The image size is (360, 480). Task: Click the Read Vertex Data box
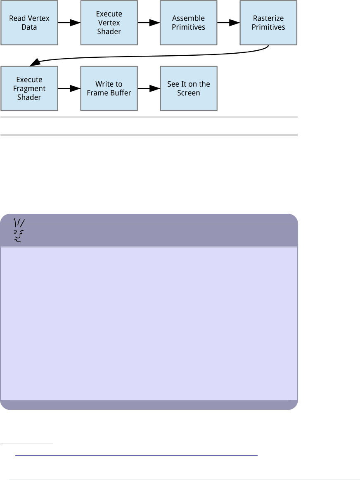pyautogui.click(x=29, y=23)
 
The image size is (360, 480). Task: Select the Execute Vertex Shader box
pyautogui.click(x=109, y=23)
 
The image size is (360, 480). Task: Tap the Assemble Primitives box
pyautogui.click(x=189, y=23)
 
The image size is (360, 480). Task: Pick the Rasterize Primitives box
pyautogui.click(x=268, y=23)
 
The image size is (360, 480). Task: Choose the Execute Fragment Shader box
pyautogui.click(x=29, y=88)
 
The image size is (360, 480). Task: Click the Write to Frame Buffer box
pyautogui.click(x=109, y=88)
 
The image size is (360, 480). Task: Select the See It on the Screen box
pyautogui.click(x=189, y=88)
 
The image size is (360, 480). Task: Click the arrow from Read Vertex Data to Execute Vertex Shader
pyautogui.click(x=69, y=23)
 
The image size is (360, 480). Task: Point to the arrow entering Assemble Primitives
pyautogui.click(x=149, y=23)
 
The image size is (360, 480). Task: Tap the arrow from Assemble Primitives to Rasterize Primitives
pyautogui.click(x=228, y=23)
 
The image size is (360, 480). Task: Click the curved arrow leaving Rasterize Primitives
pyautogui.click(x=149, y=56)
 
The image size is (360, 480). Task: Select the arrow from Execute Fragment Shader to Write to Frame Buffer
pyautogui.click(x=69, y=88)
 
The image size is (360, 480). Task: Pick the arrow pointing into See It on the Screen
pyautogui.click(x=149, y=88)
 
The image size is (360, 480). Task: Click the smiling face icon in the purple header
pyautogui.click(x=18, y=230)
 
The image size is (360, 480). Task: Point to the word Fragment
pyautogui.click(x=29, y=88)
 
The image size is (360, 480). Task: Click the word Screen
pyautogui.click(x=189, y=93)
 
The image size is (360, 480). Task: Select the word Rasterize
pyautogui.click(x=268, y=19)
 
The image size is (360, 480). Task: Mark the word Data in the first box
pyautogui.click(x=29, y=27)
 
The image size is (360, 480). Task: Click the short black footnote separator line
pyautogui.click(x=27, y=444)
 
